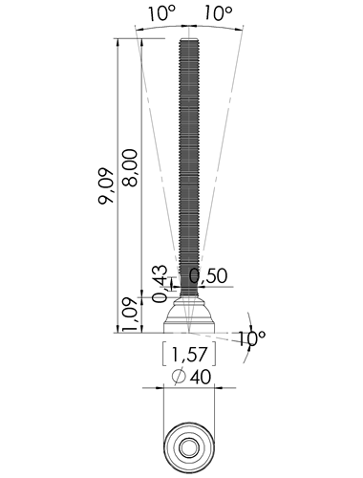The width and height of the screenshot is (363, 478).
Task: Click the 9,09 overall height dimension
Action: tap(106, 186)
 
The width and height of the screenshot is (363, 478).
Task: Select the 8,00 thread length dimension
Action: tap(130, 167)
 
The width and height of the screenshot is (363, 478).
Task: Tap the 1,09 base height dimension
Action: tap(130, 315)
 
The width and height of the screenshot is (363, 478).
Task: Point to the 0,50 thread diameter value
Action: tap(208, 276)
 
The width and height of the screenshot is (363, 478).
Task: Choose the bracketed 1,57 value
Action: tap(189, 354)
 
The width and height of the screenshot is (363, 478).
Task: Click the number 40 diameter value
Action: tap(201, 378)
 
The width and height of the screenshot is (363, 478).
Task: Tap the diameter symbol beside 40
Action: tap(179, 377)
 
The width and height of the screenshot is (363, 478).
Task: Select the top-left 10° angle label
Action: tap(161, 13)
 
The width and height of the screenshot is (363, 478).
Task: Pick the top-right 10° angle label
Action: tap(218, 13)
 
